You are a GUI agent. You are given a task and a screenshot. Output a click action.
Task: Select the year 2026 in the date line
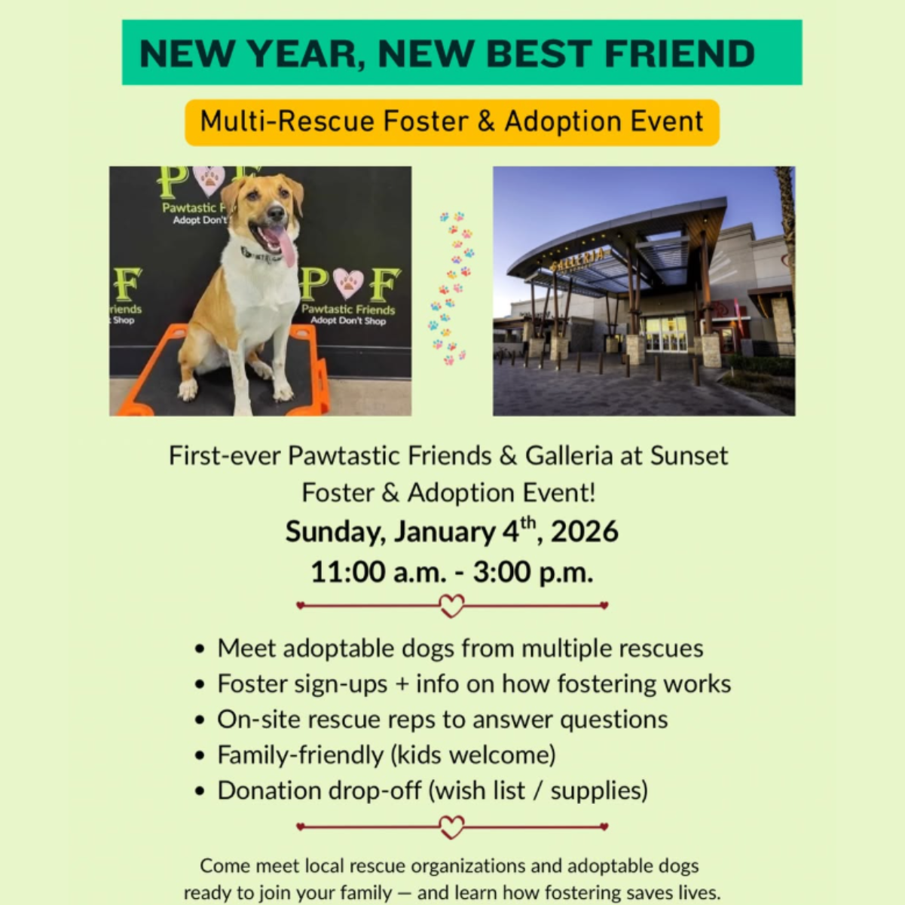coord(584,532)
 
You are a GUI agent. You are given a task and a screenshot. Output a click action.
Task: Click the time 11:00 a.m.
coord(377,572)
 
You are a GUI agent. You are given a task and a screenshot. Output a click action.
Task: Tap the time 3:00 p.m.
coord(533,572)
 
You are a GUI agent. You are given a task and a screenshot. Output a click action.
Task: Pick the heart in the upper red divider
coord(451,605)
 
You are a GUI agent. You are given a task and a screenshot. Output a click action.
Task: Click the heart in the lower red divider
coord(451,827)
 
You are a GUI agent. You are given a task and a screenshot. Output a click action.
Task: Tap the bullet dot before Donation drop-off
coord(200,791)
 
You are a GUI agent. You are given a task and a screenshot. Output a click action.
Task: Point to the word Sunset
coord(689,456)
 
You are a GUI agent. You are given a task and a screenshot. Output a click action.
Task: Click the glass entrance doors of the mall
coord(665,334)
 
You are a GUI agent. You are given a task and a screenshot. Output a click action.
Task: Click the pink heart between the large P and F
coord(347,283)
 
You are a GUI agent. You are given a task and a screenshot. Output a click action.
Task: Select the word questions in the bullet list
coord(613,720)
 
